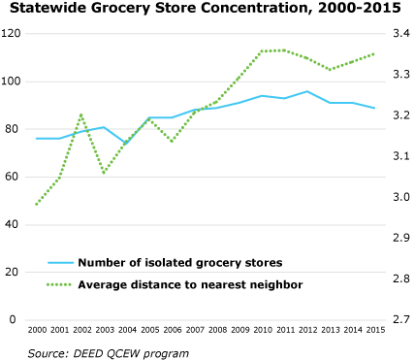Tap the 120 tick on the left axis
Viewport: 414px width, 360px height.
[x=12, y=34]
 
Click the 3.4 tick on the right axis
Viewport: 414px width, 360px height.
[x=399, y=34]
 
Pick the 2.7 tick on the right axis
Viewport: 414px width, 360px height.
[x=399, y=319]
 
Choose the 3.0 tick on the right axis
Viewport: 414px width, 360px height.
[x=399, y=197]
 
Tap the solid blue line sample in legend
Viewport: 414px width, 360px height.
[x=60, y=262]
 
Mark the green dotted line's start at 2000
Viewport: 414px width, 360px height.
[x=37, y=205]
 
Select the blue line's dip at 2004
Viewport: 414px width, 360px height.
[x=127, y=144]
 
